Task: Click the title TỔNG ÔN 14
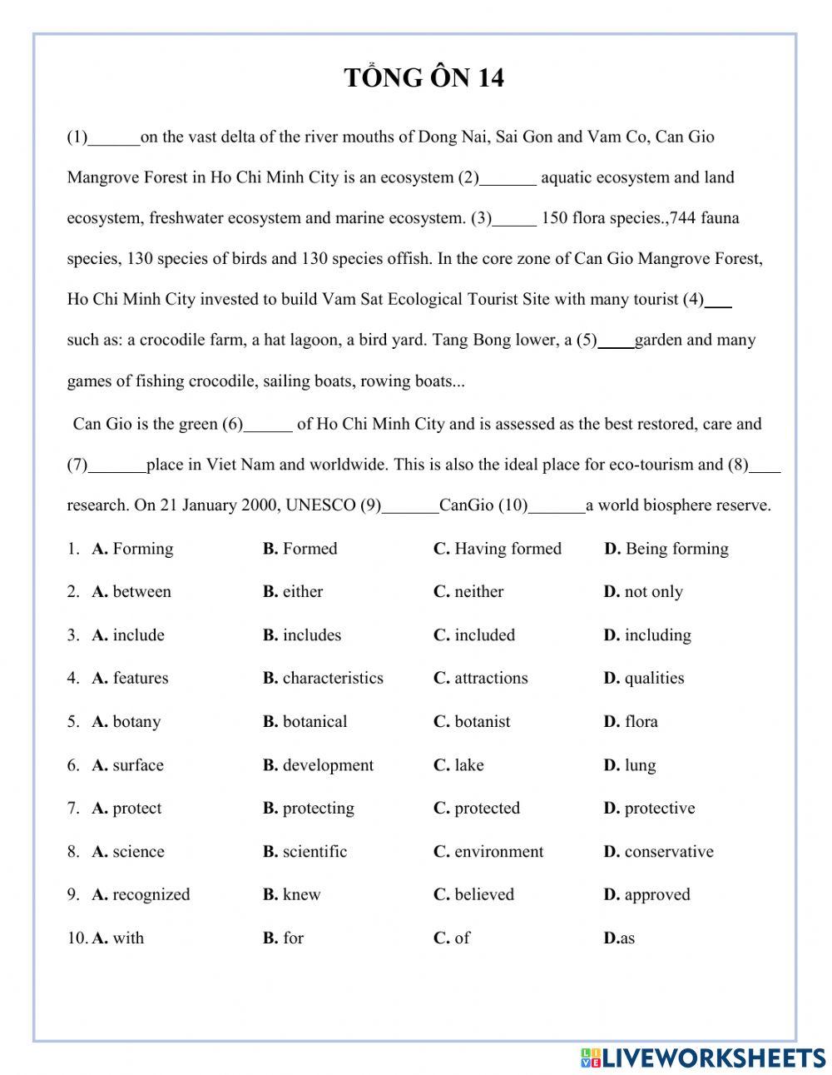[423, 78]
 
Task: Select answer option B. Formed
[300, 549]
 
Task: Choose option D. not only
[643, 592]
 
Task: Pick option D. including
[647, 635]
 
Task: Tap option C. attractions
[480, 679]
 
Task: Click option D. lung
[630, 765]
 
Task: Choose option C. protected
[476, 809]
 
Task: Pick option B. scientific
[305, 852]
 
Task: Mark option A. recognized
[141, 895]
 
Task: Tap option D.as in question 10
[619, 938]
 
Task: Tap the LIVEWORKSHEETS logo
[702, 1058]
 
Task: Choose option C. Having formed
[498, 549]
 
